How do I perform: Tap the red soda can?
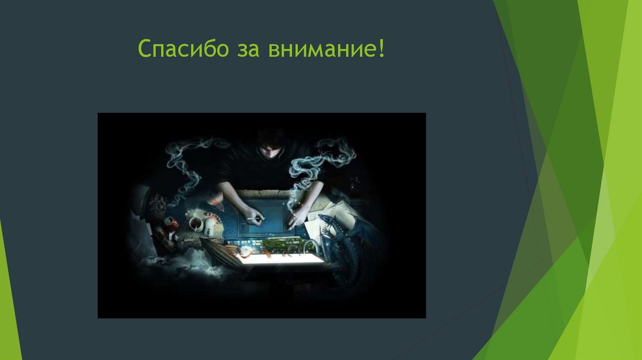[171, 225]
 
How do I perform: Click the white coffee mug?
[195, 224]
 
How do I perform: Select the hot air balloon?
[213, 200]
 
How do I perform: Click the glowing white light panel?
[282, 257]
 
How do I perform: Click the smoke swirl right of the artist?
[326, 157]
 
